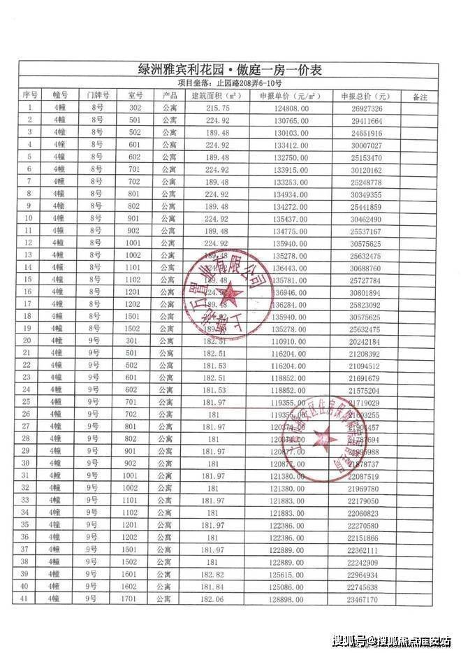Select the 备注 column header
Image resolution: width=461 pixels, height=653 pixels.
click(x=420, y=96)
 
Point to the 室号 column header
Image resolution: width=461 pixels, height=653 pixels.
click(x=135, y=96)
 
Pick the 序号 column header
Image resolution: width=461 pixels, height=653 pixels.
click(x=29, y=96)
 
